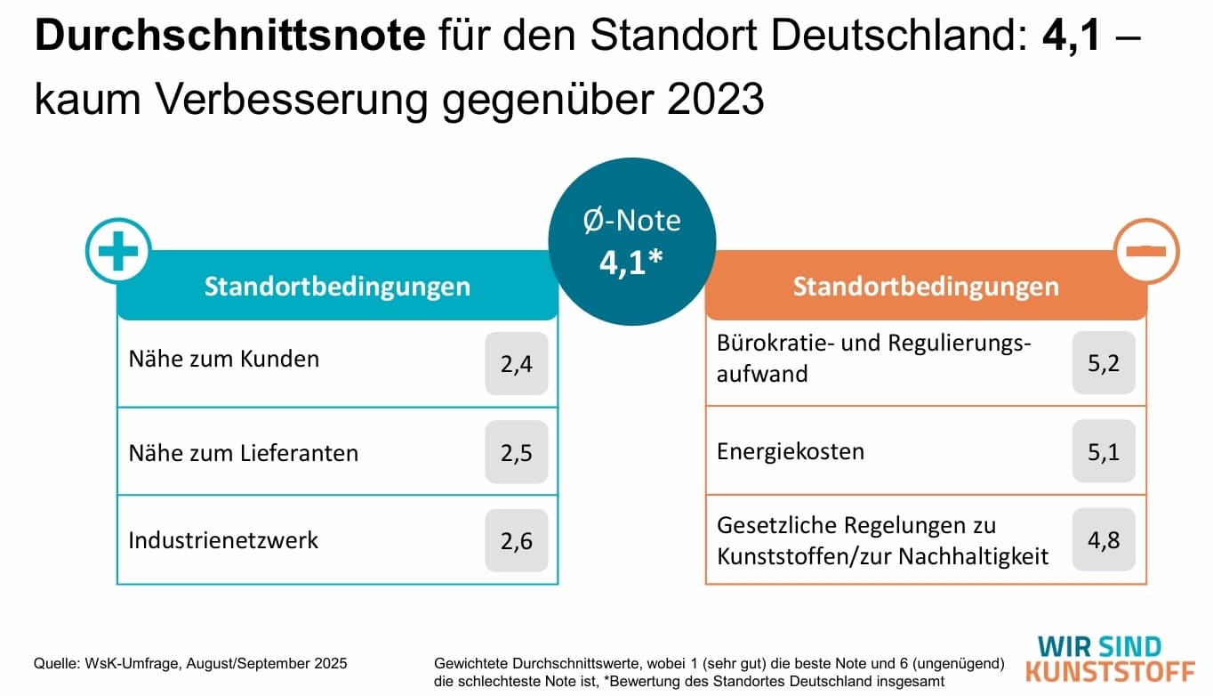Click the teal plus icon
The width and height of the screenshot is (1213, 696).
(118, 251)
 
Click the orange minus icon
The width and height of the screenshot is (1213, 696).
(1146, 251)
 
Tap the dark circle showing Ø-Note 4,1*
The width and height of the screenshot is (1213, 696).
(631, 242)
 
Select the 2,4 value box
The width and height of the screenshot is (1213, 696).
(516, 363)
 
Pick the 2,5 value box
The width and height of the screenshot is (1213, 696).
(516, 452)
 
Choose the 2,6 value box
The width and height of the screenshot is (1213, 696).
(516, 540)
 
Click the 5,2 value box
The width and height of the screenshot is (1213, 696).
(1103, 363)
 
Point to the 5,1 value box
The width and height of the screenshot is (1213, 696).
(1103, 452)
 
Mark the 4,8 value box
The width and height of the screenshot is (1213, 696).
(1103, 540)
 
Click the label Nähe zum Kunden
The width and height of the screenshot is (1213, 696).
(223, 360)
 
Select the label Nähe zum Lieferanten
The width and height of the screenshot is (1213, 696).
(243, 453)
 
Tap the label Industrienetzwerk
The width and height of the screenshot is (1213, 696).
(222, 540)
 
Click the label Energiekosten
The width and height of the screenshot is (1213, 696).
(790, 451)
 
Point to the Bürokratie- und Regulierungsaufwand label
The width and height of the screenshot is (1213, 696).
(873, 359)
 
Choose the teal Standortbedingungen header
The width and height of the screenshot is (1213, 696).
(337, 287)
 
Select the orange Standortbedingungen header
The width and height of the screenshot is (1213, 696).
(925, 287)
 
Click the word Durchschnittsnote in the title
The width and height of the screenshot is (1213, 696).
(229, 37)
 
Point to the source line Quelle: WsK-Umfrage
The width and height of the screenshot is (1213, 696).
(190, 664)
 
